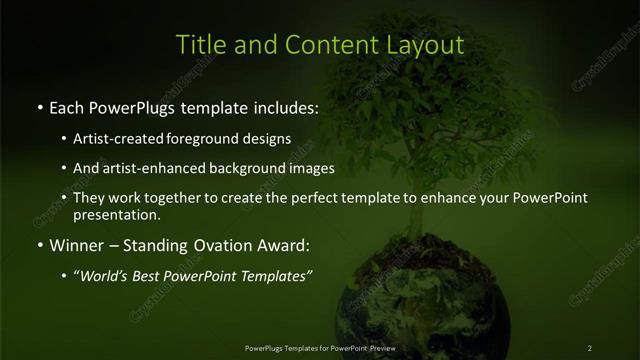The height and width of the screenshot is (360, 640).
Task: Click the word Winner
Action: pyautogui.click(x=76, y=245)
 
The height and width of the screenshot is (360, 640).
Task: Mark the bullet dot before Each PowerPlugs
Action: pyautogui.click(x=39, y=107)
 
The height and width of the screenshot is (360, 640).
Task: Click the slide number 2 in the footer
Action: pyautogui.click(x=590, y=348)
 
